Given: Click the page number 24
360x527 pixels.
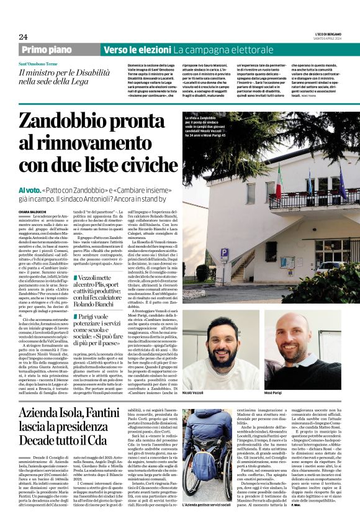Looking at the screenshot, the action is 23,37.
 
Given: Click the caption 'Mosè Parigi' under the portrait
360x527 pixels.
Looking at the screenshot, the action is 284,376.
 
